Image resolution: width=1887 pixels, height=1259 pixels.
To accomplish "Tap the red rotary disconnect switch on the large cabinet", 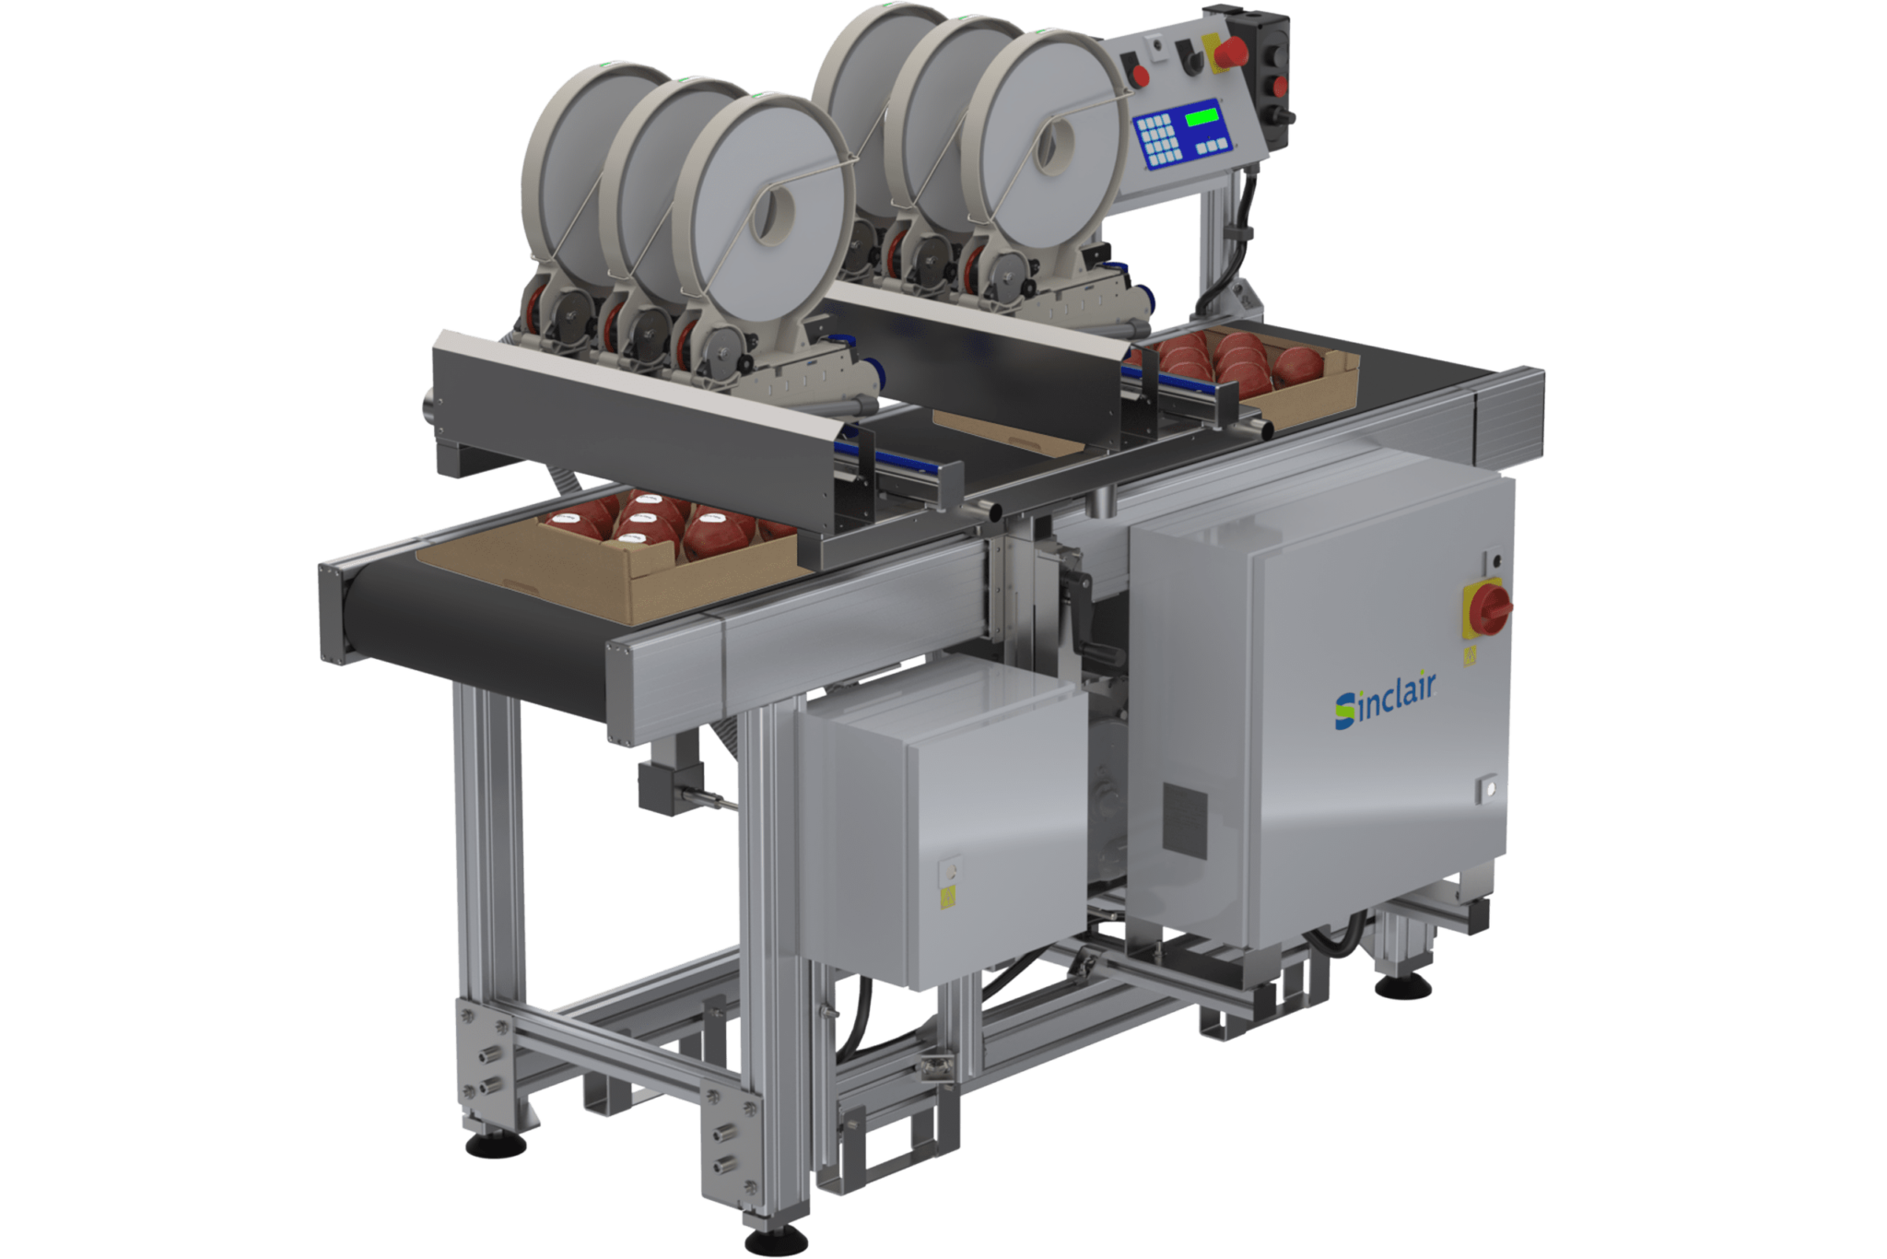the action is point(1487,607).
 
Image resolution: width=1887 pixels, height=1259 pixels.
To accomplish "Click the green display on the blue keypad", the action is point(1201,117).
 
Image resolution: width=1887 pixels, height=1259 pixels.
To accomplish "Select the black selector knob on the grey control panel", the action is point(1193,60).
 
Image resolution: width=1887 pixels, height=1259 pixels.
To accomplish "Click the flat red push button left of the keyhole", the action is point(1140,75).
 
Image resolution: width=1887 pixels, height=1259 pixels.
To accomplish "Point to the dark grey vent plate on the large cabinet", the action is point(1184,817).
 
